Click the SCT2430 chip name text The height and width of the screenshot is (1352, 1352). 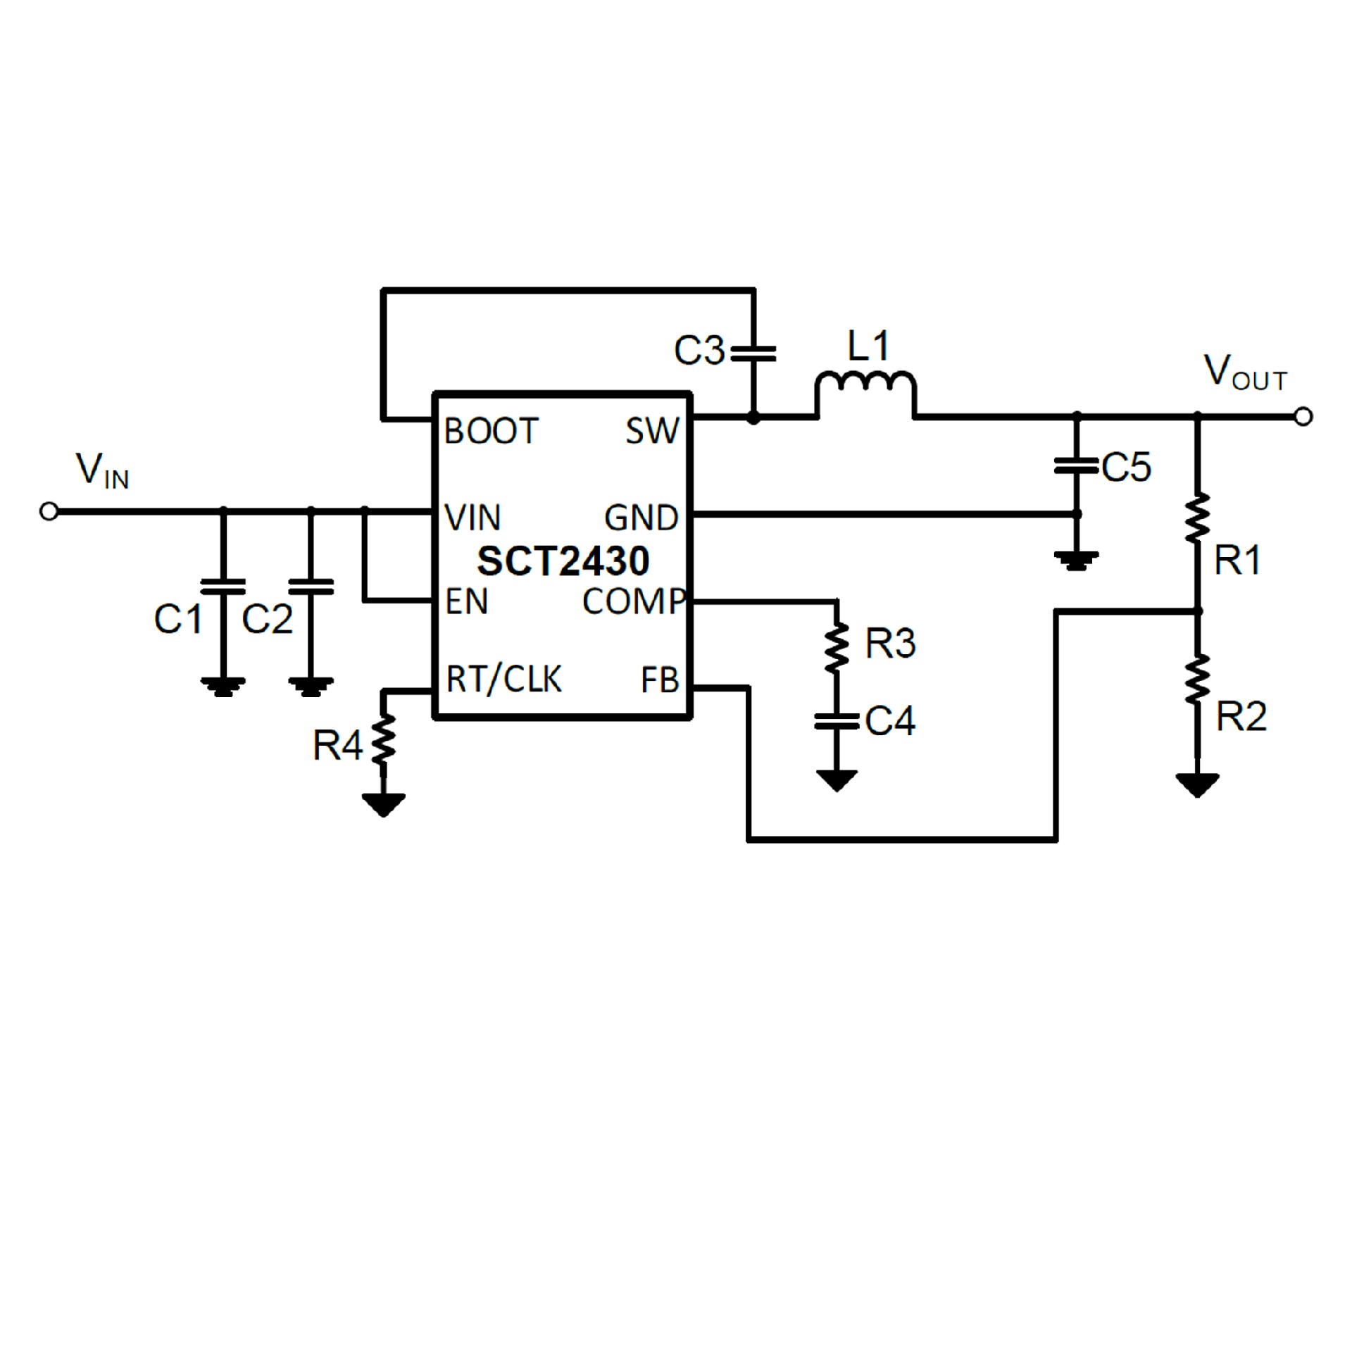(563, 561)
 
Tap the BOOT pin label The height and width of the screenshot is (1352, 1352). (491, 431)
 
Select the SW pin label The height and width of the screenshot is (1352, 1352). (652, 431)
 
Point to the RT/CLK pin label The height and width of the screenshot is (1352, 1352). (504, 680)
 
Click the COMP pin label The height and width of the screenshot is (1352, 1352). (634, 602)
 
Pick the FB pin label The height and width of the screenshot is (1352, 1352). (660, 681)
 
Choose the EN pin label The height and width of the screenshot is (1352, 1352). (467, 602)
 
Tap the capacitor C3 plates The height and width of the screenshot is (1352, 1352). (753, 353)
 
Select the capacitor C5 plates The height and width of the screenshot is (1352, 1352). (1076, 465)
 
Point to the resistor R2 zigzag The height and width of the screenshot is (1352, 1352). (1197, 680)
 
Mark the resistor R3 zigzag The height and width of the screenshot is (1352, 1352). (837, 646)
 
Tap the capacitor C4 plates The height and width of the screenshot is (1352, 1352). (837, 721)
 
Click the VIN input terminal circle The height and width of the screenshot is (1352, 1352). (49, 512)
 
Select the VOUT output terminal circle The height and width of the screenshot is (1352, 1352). (1303, 417)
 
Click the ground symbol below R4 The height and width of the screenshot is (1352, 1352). (383, 803)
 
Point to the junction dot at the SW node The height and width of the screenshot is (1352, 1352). (753, 418)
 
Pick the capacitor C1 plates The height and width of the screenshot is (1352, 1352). (223, 587)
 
